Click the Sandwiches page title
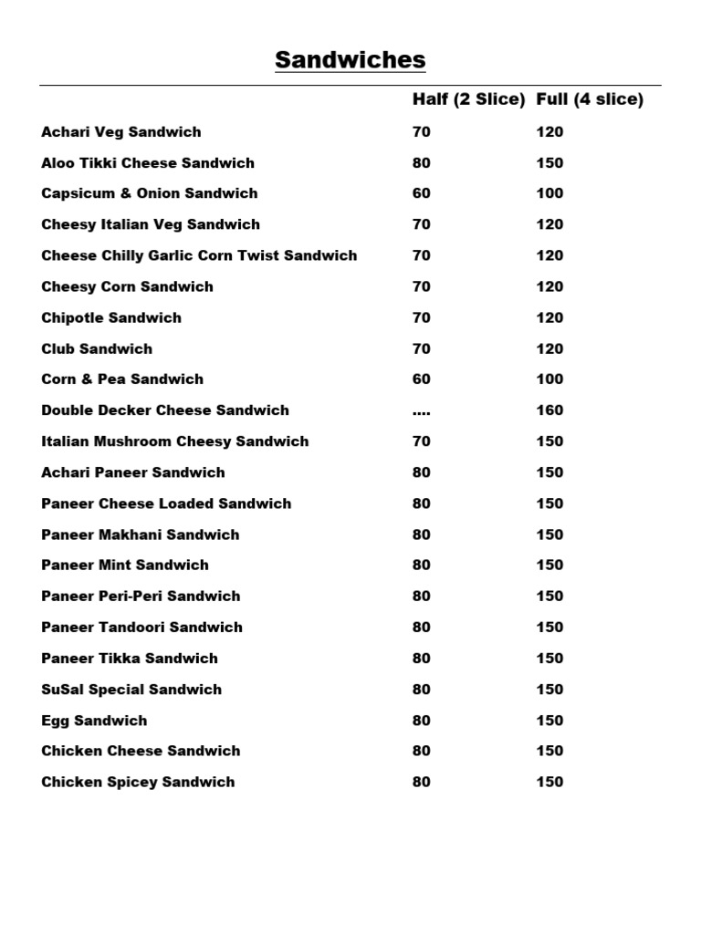[350, 61]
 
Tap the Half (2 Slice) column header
[468, 99]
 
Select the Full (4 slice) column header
[590, 99]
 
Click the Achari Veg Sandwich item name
[121, 132]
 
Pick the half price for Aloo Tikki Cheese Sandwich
[421, 163]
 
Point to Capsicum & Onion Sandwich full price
[549, 193]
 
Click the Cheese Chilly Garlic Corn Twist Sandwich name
[199, 255]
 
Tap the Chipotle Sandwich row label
[111, 317]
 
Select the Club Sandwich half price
[421, 348]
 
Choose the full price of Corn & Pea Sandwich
[549, 379]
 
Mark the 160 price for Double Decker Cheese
[549, 410]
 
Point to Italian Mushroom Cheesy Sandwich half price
[421, 441]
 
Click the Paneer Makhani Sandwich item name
[141, 534]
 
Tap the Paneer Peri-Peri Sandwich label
[141, 597]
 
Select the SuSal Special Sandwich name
[131, 690]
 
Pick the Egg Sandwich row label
[94, 721]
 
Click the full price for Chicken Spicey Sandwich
[549, 782]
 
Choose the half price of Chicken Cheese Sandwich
[421, 751]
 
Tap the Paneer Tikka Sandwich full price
[549, 659]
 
